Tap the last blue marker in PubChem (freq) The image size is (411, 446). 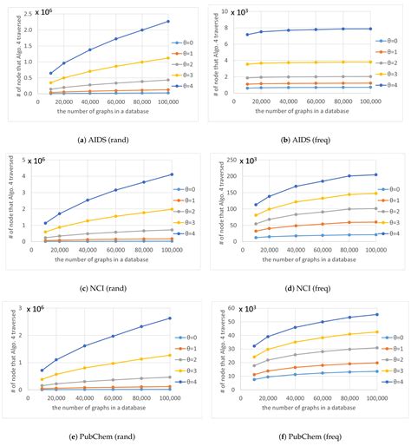point(369,314)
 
